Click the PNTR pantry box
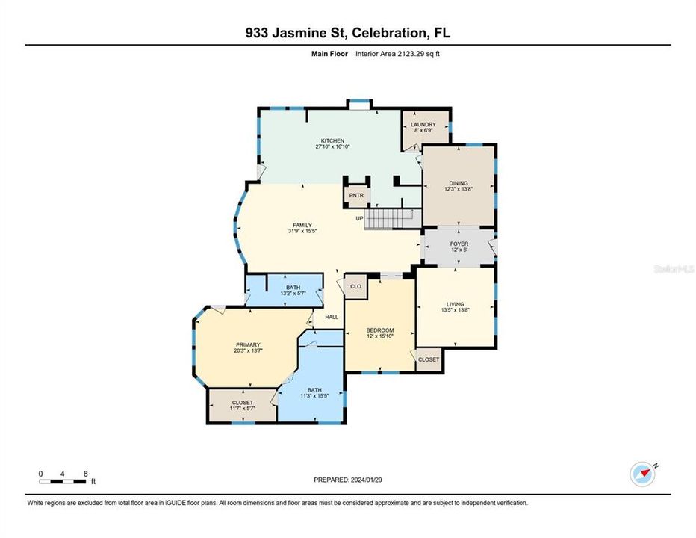pyautogui.click(x=355, y=196)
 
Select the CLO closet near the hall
pyautogui.click(x=355, y=286)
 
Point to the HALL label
pyautogui.click(x=331, y=317)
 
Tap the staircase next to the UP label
pyautogui.click(x=393, y=217)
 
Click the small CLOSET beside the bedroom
pyautogui.click(x=429, y=359)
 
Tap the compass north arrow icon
pyautogui.click(x=641, y=473)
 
